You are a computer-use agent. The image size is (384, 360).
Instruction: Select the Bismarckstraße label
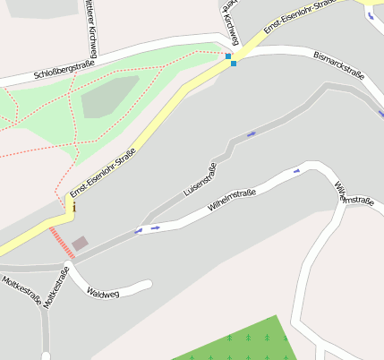[x=337, y=67]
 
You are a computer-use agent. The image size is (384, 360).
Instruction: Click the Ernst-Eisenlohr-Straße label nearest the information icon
[x=102, y=173]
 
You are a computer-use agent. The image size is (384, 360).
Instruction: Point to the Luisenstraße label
[x=200, y=179]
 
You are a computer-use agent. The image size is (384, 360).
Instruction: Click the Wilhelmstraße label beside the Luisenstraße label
[x=232, y=199]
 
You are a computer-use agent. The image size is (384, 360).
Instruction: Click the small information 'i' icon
[x=73, y=208]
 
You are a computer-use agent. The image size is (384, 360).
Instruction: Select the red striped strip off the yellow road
[x=62, y=243]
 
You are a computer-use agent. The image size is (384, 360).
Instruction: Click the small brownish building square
[x=81, y=243]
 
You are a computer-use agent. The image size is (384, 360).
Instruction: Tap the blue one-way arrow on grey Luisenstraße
[x=251, y=134]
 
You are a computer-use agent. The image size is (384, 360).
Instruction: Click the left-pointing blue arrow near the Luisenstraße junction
[x=138, y=230]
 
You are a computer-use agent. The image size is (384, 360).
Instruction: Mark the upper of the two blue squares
[x=228, y=56]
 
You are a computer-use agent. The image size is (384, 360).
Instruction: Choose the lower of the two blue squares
[x=234, y=64]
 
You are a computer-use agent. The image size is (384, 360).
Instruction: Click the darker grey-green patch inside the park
[x=110, y=98]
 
